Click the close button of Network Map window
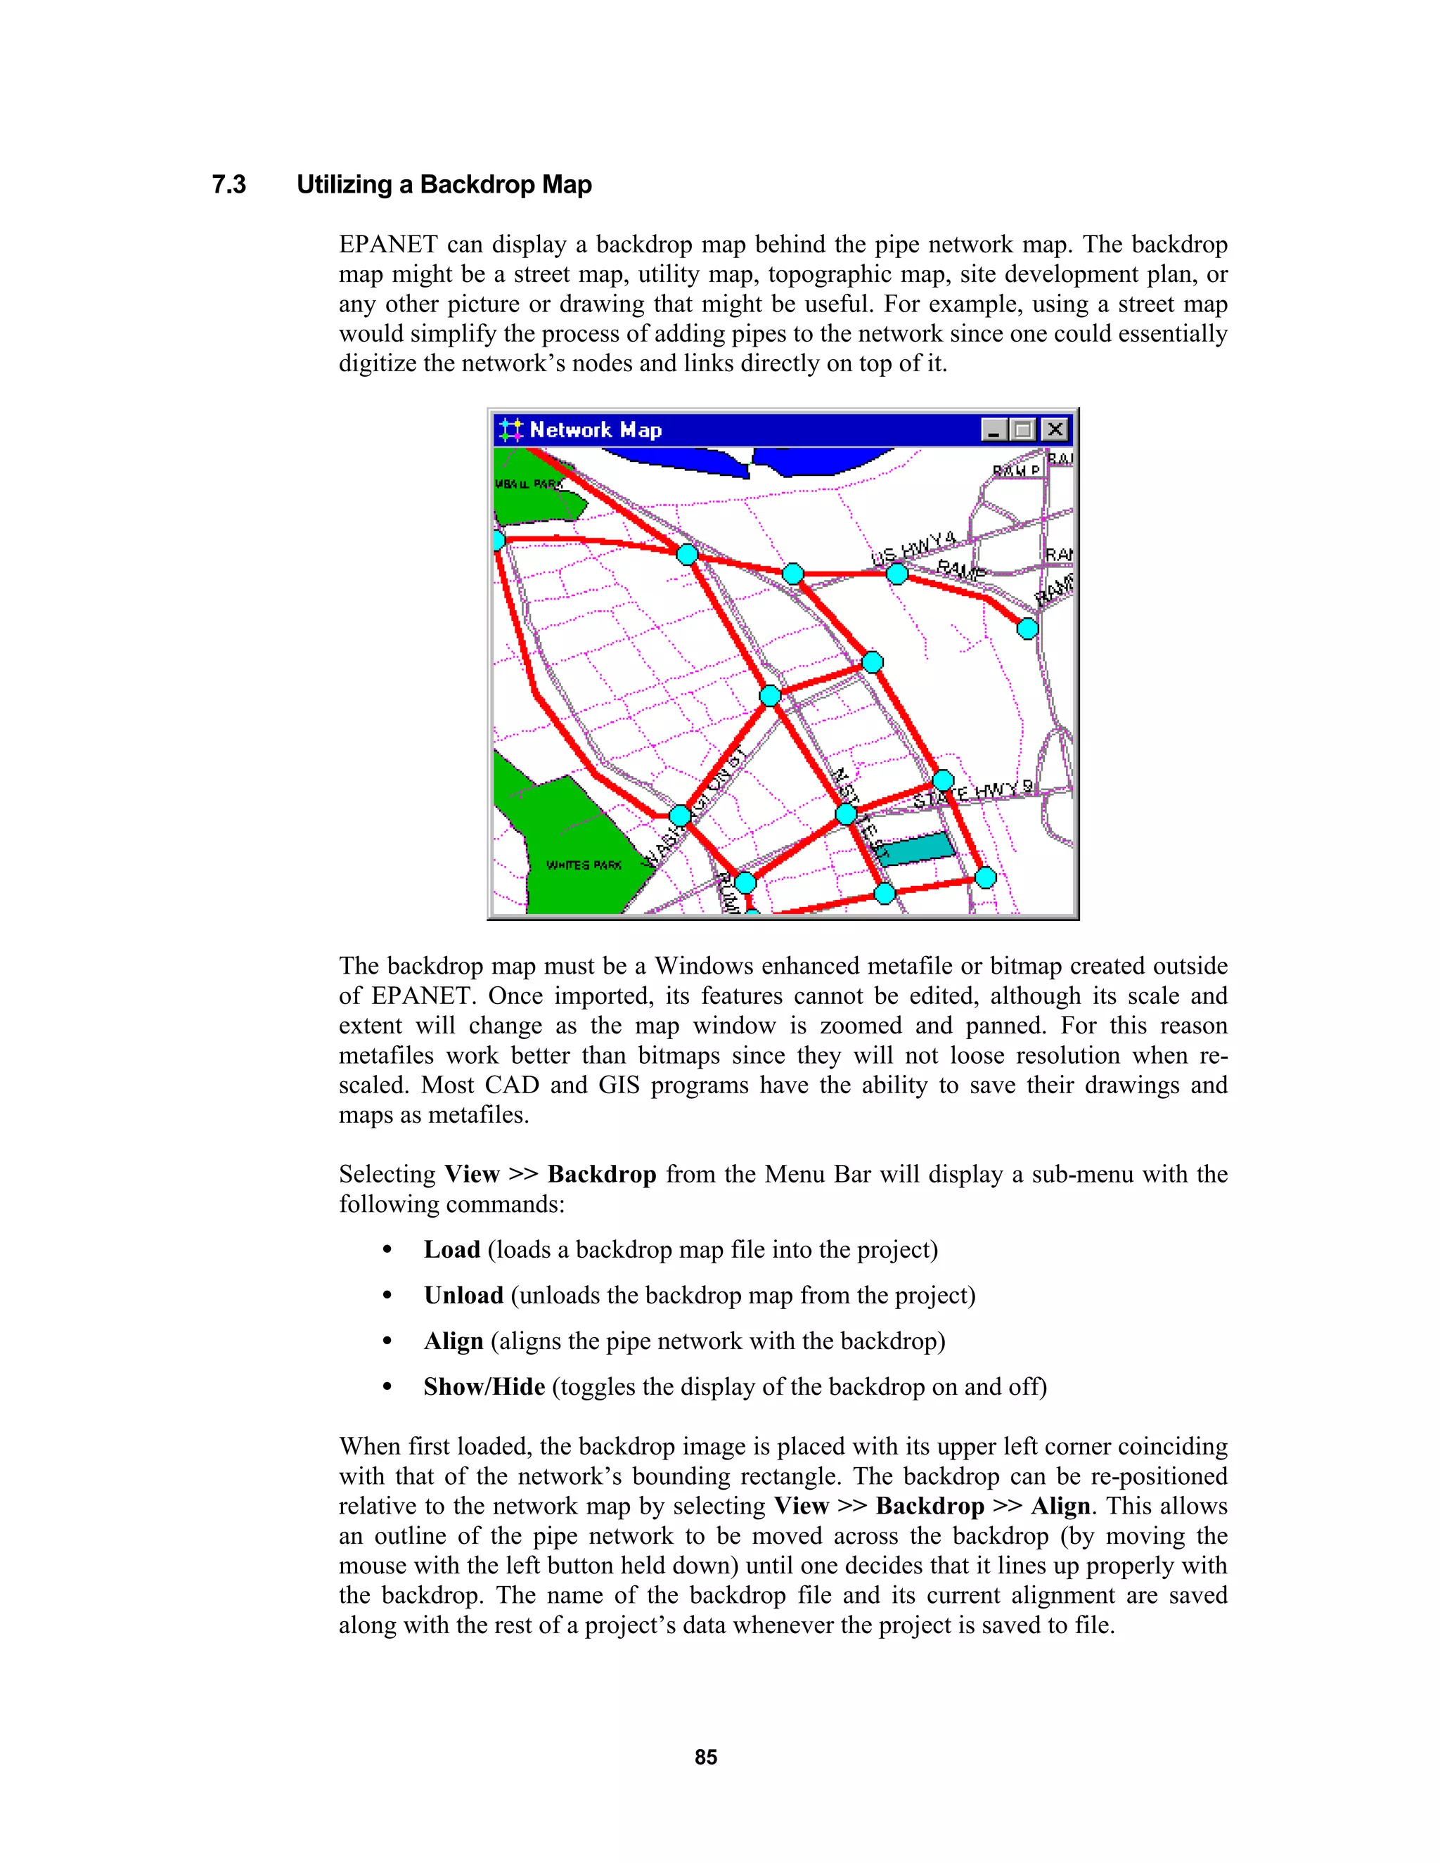(1055, 430)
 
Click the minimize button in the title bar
(993, 430)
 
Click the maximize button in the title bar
(1023, 430)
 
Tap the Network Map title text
(596, 430)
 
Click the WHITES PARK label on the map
(584, 865)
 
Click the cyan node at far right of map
(1027, 629)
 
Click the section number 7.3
(229, 185)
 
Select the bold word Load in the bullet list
(452, 1250)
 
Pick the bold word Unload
(463, 1296)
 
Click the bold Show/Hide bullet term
(484, 1387)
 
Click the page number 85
(705, 1758)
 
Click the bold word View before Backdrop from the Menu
(471, 1175)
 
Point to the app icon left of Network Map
(510, 430)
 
